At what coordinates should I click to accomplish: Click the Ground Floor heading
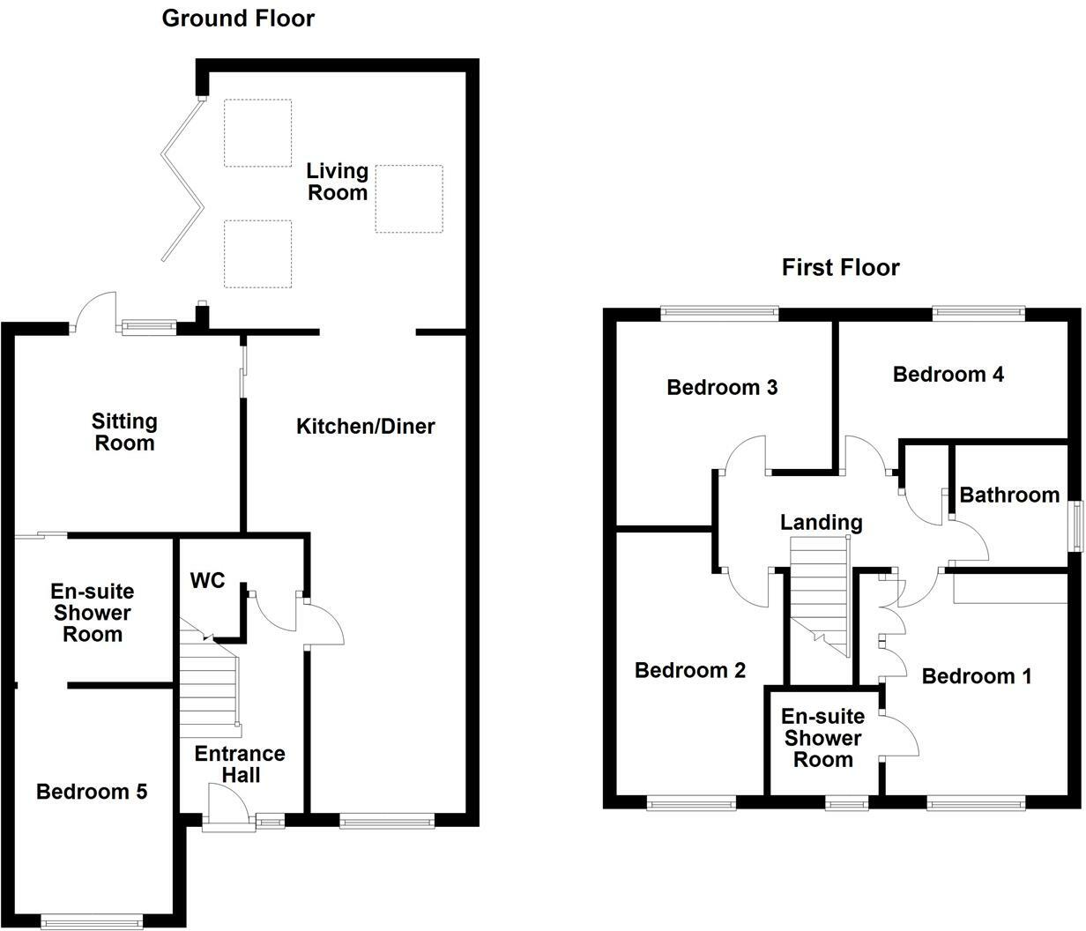click(x=238, y=18)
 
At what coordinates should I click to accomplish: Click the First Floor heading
click(x=840, y=267)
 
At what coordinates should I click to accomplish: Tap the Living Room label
click(x=337, y=181)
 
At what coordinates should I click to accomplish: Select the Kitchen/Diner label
click(x=365, y=427)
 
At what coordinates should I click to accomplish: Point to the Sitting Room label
click(x=125, y=432)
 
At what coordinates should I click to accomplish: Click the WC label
click(x=208, y=581)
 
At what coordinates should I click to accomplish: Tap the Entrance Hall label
click(x=240, y=763)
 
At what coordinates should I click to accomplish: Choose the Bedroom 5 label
click(x=92, y=792)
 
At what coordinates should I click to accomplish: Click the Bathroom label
click(x=1009, y=495)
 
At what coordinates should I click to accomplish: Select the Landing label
click(x=821, y=522)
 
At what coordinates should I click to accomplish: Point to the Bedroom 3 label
click(x=722, y=387)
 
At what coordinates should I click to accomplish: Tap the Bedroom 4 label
click(x=948, y=374)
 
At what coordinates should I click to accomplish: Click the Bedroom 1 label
click(x=976, y=676)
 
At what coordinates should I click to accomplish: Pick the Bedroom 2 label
click(x=690, y=670)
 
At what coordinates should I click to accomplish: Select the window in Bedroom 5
click(x=92, y=921)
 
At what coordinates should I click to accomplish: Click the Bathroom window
click(x=1075, y=526)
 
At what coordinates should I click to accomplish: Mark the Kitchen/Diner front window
click(x=387, y=822)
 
